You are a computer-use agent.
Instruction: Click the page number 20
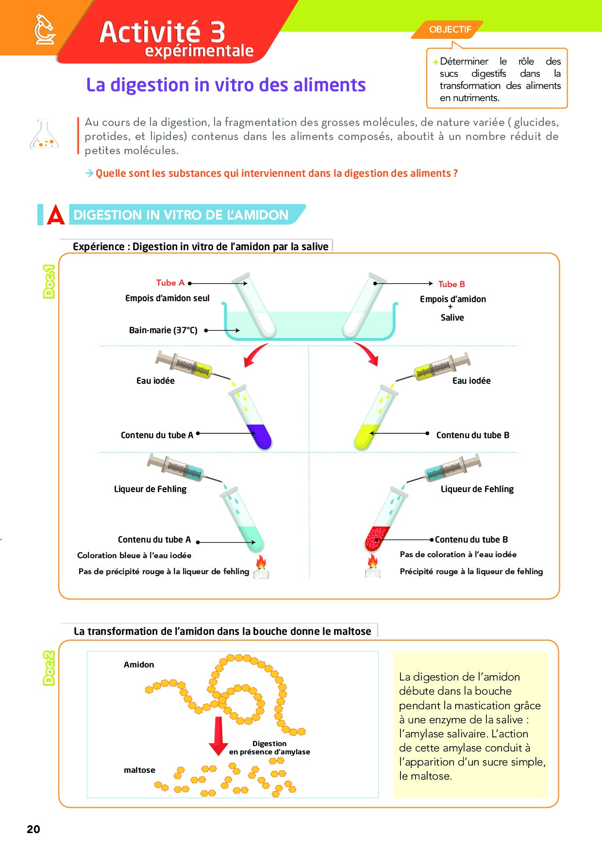33,829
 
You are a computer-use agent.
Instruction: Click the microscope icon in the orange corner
45,30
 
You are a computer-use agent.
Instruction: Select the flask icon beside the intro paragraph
44,135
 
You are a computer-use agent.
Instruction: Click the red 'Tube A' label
170,283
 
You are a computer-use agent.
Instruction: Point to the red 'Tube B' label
451,284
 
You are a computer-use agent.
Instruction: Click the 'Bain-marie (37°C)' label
163,330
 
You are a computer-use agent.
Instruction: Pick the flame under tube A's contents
261,562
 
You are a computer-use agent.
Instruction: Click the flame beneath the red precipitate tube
372,561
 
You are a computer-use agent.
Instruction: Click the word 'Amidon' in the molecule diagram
139,665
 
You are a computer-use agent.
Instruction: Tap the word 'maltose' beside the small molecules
139,770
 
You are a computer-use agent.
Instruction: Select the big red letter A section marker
56,214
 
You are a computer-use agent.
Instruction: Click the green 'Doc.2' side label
49,668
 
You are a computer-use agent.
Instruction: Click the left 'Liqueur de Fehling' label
150,489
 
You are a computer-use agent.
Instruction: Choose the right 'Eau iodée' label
471,381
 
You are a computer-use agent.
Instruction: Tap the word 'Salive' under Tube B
452,318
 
